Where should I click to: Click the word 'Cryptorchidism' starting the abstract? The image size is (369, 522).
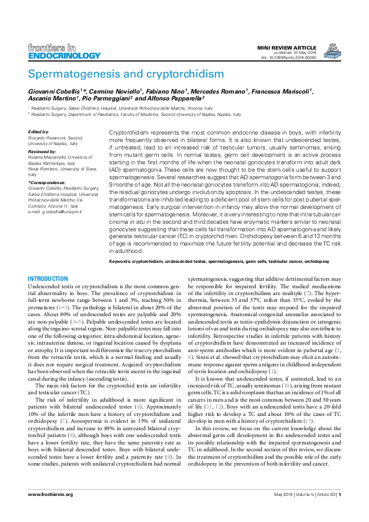(129, 133)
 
